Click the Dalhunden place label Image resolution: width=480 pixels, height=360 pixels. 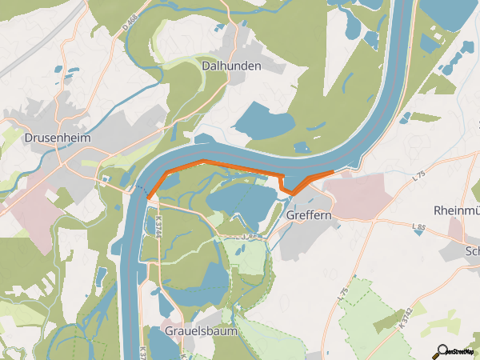[x=232, y=66]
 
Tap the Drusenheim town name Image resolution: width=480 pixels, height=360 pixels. [x=58, y=138]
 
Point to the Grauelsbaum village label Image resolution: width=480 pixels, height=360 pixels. [x=196, y=330]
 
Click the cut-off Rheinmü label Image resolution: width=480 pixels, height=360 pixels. [x=455, y=210]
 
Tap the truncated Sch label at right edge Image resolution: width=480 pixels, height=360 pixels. [x=472, y=250]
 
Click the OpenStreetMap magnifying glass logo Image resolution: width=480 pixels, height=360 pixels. [x=441, y=350]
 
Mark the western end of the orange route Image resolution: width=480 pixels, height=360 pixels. [x=149, y=198]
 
